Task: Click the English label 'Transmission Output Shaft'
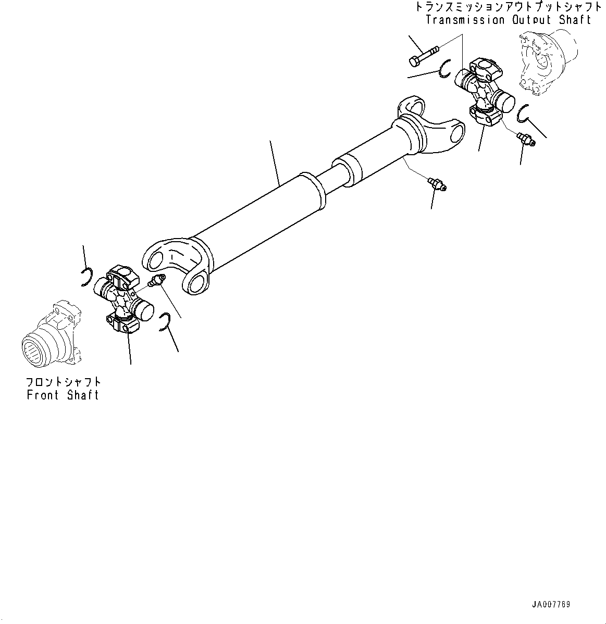click(508, 20)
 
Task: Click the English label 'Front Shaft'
click(63, 395)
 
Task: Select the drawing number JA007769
click(551, 605)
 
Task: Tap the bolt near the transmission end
click(424, 56)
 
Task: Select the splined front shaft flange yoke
click(52, 333)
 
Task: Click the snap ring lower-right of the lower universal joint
click(164, 321)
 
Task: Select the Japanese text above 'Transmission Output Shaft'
click(508, 7)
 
